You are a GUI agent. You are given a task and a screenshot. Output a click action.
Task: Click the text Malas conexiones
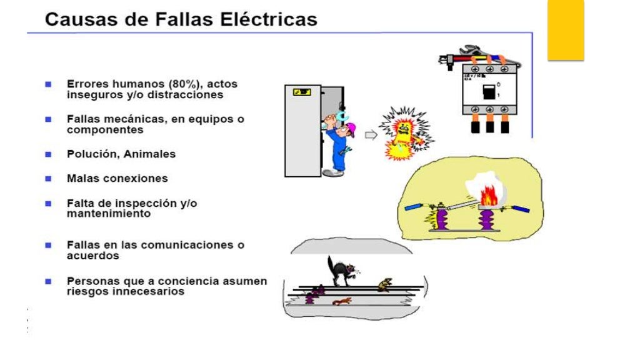(x=117, y=178)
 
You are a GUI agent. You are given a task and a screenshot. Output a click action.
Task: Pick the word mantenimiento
(x=109, y=213)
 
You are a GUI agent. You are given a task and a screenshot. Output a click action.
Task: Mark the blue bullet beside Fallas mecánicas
(x=48, y=118)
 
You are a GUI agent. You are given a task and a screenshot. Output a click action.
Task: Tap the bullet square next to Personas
(x=48, y=281)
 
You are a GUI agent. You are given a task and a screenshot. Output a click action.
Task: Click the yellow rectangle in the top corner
(x=566, y=29)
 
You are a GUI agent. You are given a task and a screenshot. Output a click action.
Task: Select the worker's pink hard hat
(x=351, y=129)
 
